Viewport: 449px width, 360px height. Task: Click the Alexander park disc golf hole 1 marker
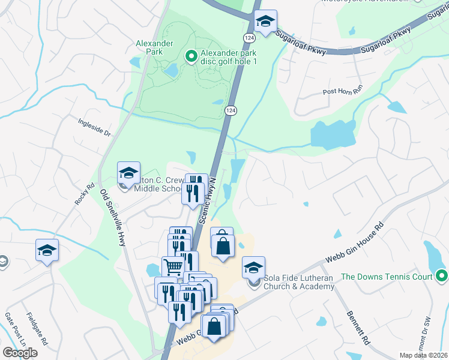pyautogui.click(x=191, y=56)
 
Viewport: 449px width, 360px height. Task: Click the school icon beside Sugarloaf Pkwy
pyautogui.click(x=264, y=22)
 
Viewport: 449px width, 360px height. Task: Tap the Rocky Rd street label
pyautogui.click(x=85, y=194)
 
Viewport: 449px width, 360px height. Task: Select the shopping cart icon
pyautogui.click(x=173, y=268)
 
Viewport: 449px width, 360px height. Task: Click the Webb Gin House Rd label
pyautogui.click(x=354, y=243)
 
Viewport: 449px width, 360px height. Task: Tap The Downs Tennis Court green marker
pyautogui.click(x=442, y=276)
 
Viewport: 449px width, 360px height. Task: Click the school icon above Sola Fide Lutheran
pyautogui.click(x=253, y=268)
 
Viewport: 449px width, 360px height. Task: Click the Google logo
pyautogui.click(x=20, y=352)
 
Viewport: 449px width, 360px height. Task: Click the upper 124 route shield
pyautogui.click(x=248, y=38)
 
